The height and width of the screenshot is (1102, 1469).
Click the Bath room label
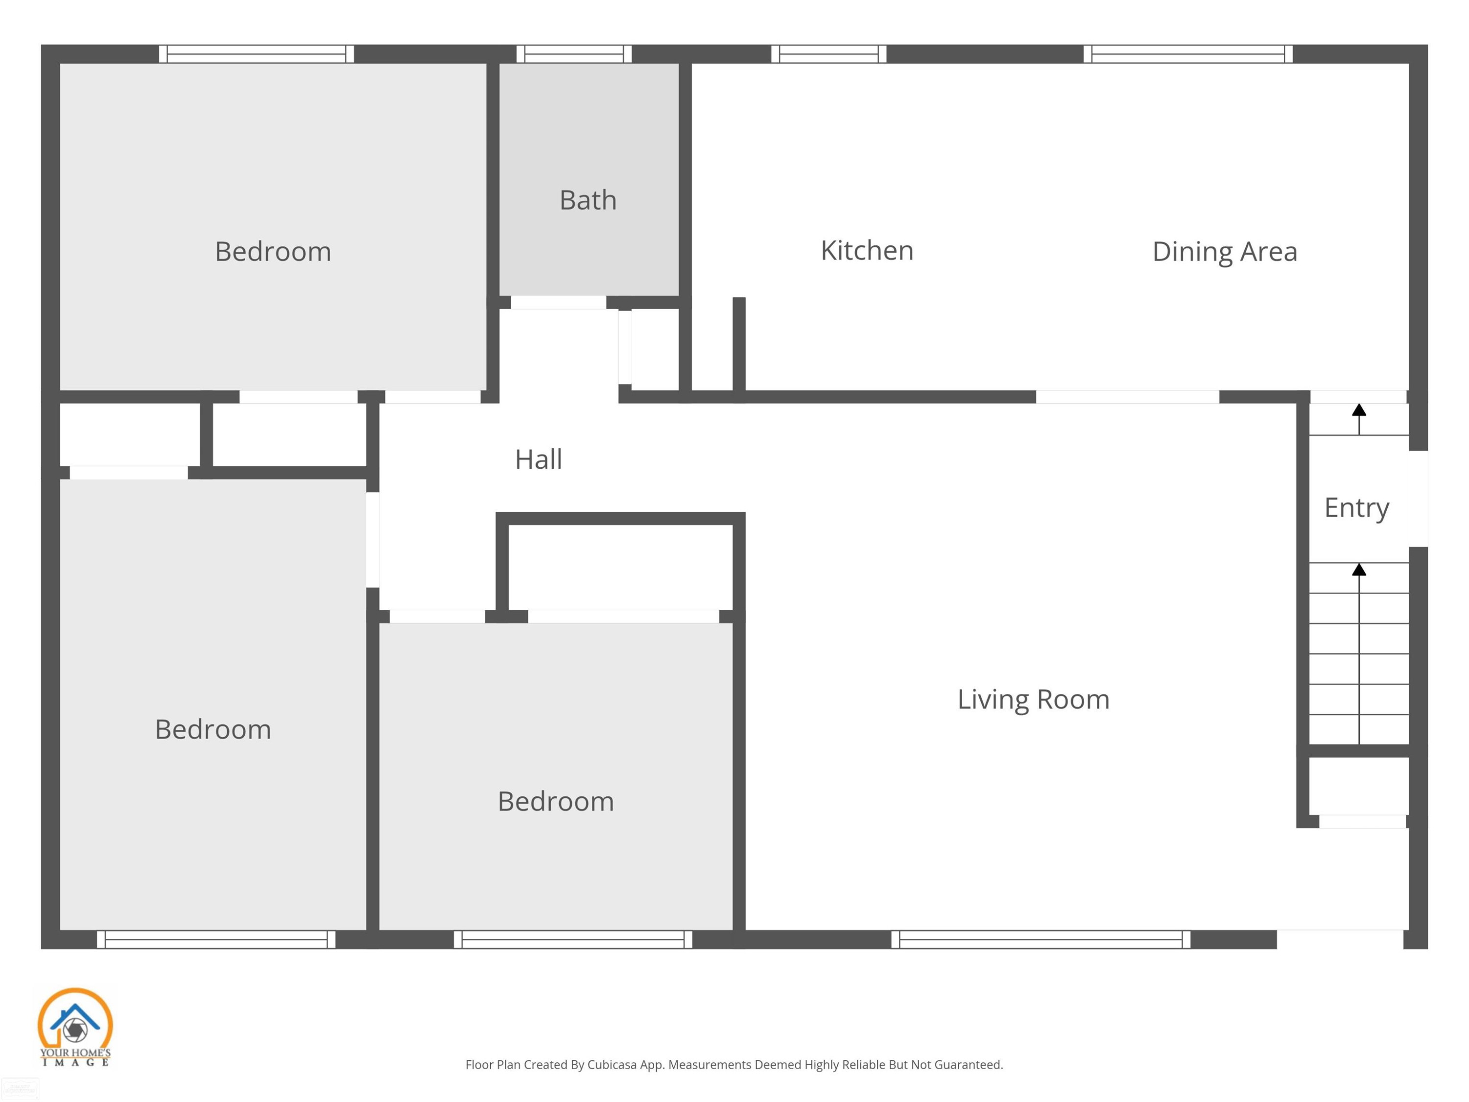[x=588, y=200]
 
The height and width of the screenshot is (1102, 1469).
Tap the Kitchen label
[x=867, y=250]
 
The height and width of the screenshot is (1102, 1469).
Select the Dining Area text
[x=1225, y=252]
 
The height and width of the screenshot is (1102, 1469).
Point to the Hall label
[x=539, y=459]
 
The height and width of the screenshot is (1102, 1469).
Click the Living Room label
[x=1033, y=699]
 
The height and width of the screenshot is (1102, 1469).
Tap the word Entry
[x=1357, y=508]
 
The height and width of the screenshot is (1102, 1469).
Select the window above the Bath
[x=574, y=54]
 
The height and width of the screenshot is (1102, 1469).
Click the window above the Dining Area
[x=1188, y=54]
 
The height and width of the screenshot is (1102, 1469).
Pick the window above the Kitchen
[x=829, y=54]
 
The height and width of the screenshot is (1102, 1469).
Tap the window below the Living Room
[x=1041, y=939]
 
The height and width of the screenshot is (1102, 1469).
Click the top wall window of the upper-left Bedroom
[x=257, y=54]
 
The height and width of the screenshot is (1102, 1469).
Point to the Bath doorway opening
[x=559, y=303]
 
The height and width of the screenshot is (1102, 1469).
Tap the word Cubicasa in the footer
[x=612, y=1065]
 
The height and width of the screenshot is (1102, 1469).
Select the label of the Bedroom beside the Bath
[x=273, y=252]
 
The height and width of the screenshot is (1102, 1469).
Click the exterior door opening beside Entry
[x=1419, y=499]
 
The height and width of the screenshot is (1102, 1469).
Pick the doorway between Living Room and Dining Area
[x=1128, y=397]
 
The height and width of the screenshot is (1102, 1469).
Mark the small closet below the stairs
[x=1359, y=786]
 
